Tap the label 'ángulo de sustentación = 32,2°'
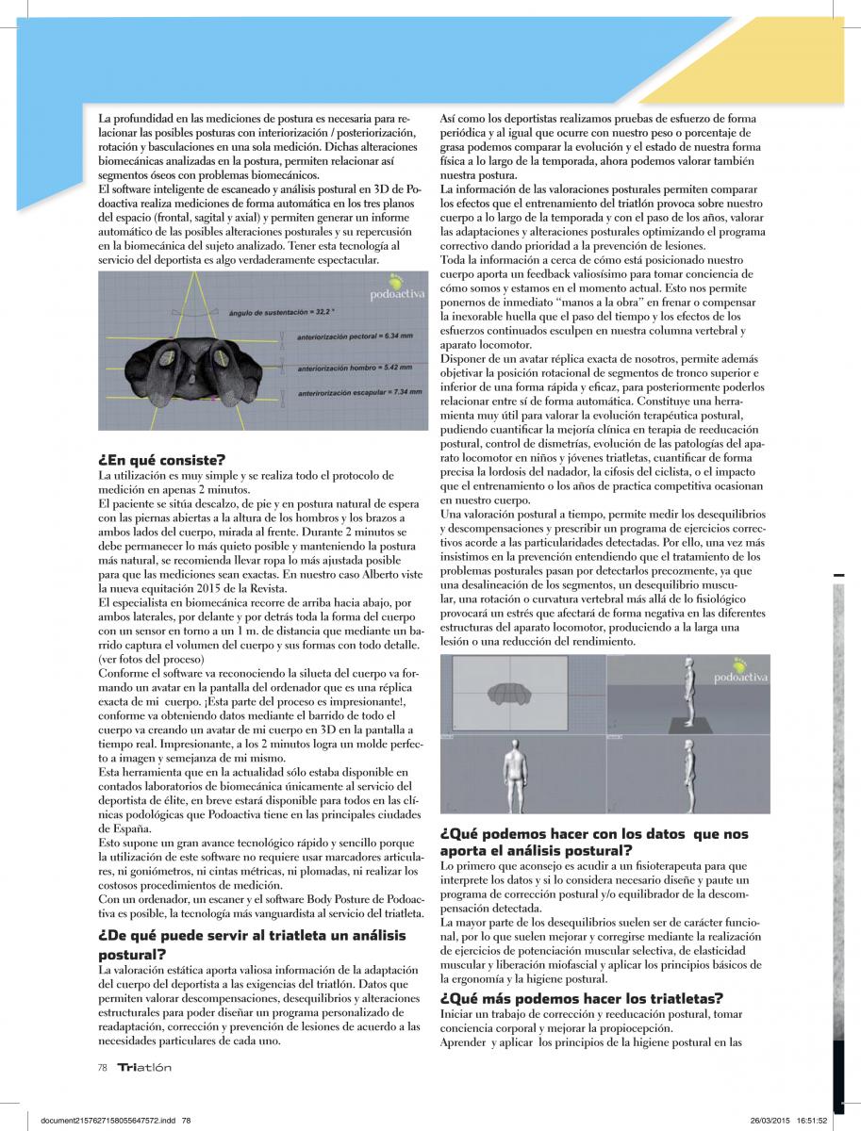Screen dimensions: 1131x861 282,311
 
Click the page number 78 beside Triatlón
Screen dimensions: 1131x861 103,1068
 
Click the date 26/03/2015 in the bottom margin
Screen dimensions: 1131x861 769,1121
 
